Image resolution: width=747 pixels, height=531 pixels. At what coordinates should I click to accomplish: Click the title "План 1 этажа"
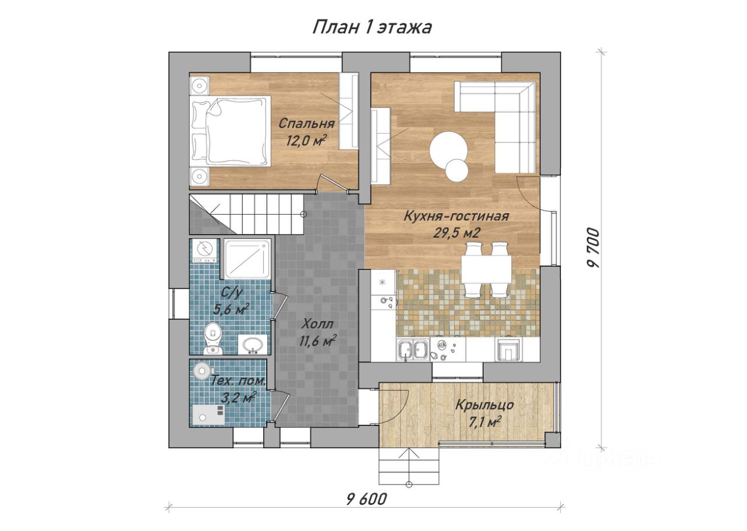(372, 28)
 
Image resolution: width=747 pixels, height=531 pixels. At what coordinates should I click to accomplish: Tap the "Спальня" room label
(306, 124)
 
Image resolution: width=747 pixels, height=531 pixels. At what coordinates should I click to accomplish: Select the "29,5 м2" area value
(456, 233)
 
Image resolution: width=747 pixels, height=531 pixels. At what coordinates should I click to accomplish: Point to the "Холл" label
(318, 324)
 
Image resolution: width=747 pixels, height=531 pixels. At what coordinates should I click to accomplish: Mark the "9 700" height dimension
(594, 247)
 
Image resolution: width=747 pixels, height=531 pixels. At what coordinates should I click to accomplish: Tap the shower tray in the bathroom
(247, 259)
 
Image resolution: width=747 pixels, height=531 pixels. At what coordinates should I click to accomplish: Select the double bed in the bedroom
(230, 131)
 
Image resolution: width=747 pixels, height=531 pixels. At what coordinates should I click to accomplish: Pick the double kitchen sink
(413, 350)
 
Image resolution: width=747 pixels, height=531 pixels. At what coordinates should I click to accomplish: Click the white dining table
(486, 270)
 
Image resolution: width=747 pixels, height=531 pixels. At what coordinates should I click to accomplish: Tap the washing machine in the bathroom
(204, 252)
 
